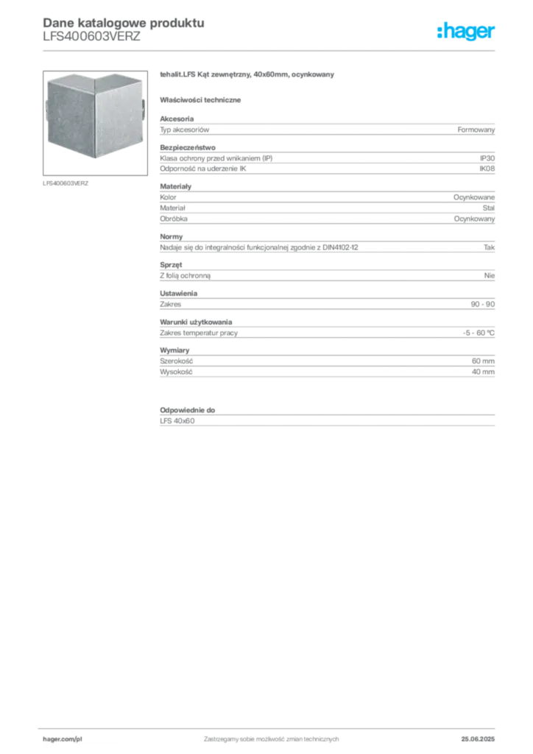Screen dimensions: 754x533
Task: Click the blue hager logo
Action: click(467, 33)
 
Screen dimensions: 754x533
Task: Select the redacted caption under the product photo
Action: click(68, 183)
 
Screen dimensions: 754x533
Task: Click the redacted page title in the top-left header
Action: click(121, 21)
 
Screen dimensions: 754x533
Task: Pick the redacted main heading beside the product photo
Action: click(247, 76)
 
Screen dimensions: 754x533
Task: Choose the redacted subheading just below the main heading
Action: click(202, 99)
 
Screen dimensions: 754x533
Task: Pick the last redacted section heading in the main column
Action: click(188, 408)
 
